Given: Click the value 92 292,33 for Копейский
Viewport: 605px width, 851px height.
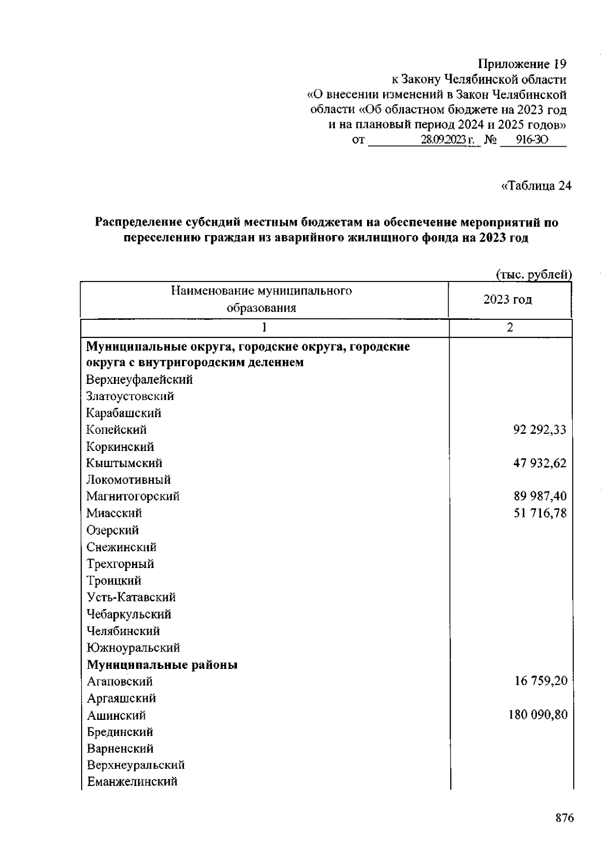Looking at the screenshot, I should pos(539,430).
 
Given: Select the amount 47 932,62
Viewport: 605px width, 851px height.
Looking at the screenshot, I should pos(539,463).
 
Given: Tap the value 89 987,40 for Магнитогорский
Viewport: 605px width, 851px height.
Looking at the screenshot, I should pos(539,496).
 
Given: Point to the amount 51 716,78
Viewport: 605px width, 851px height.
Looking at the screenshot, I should pos(539,513).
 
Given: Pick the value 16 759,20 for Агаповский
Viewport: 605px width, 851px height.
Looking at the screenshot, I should pos(540,681).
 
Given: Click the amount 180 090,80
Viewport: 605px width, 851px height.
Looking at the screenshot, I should pos(537,715).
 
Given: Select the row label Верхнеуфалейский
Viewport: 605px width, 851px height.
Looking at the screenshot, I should pos(139,379).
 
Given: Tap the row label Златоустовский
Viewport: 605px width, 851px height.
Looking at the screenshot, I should pos(130,396).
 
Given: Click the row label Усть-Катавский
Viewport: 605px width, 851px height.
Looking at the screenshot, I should pos(131,597).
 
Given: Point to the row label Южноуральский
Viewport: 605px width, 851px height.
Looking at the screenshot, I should pos(133,647).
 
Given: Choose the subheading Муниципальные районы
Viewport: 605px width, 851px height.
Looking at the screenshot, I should pos(162,665).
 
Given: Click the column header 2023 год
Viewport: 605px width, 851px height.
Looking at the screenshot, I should pos(507,300).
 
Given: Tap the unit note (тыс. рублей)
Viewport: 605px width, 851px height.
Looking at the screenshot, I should pos(533,274).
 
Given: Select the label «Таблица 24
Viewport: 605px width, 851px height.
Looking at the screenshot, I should pos(535,186).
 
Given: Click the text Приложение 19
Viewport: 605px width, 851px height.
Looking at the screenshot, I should pos(522,64).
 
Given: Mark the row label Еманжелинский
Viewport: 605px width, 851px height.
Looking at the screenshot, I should pos(132,781).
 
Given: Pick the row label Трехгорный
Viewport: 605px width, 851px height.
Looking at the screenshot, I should pos(120,563).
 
